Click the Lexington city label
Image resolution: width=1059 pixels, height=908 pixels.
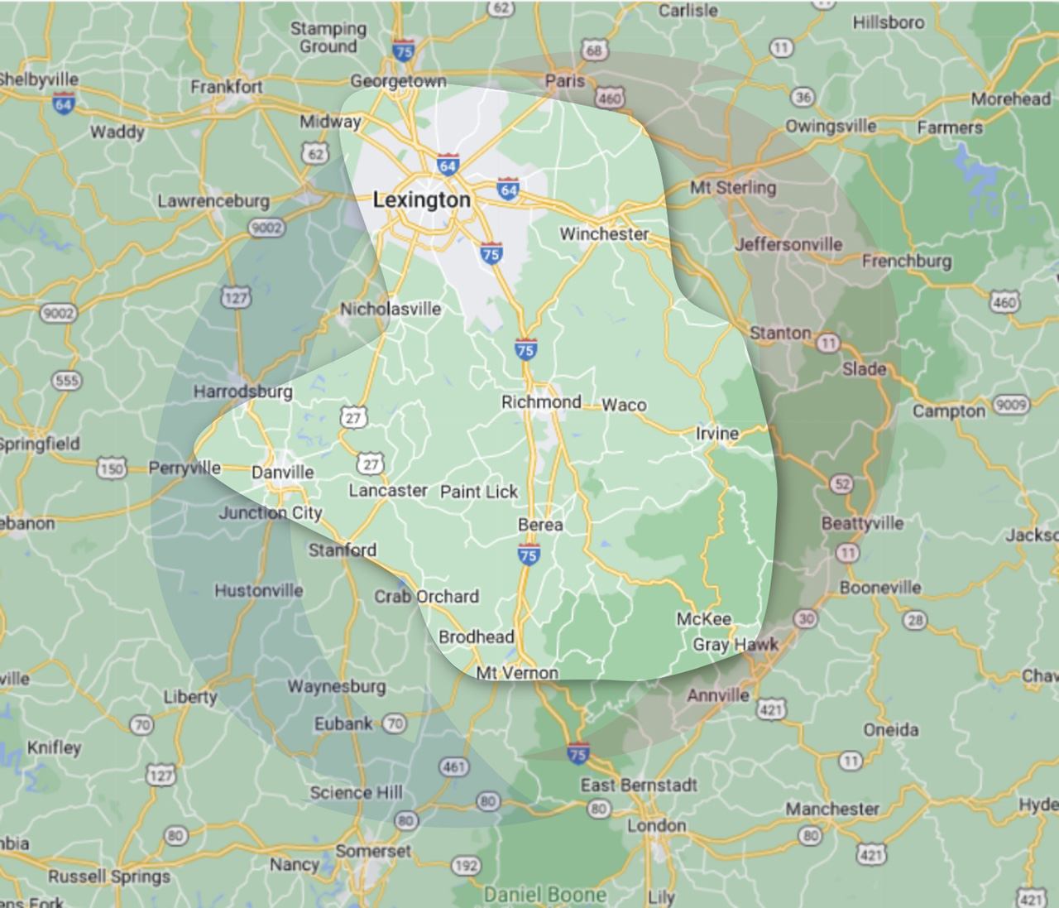[x=421, y=199]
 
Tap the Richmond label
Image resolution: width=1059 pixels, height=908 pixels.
[x=541, y=401]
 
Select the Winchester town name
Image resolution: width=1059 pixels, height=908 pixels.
[x=604, y=233]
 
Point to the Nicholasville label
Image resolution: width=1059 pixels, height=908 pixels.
[x=391, y=309]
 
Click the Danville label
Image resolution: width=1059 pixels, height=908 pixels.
[x=283, y=472]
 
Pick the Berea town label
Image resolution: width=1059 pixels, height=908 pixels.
[x=540, y=525]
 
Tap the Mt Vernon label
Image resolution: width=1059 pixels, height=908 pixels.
[x=517, y=673]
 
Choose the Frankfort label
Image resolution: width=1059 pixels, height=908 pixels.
[x=227, y=86]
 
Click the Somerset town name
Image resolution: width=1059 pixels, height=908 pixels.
[x=373, y=851]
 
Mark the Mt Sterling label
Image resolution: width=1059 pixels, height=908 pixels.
[x=733, y=187]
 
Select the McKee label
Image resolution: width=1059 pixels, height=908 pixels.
[x=704, y=619]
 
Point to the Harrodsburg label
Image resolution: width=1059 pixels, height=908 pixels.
[x=243, y=391]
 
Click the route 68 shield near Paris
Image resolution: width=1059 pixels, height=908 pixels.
[x=594, y=50]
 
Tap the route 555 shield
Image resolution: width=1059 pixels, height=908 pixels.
[x=67, y=381]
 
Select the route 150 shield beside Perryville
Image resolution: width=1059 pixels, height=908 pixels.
[x=112, y=468]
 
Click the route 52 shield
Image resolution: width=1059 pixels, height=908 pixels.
[x=841, y=484]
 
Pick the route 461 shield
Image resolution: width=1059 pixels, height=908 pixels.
[x=453, y=766]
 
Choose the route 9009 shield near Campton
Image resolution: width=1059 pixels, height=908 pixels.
[x=1010, y=405]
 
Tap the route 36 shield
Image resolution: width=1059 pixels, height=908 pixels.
[x=803, y=97]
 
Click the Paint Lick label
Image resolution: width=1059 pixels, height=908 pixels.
[x=478, y=492]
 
